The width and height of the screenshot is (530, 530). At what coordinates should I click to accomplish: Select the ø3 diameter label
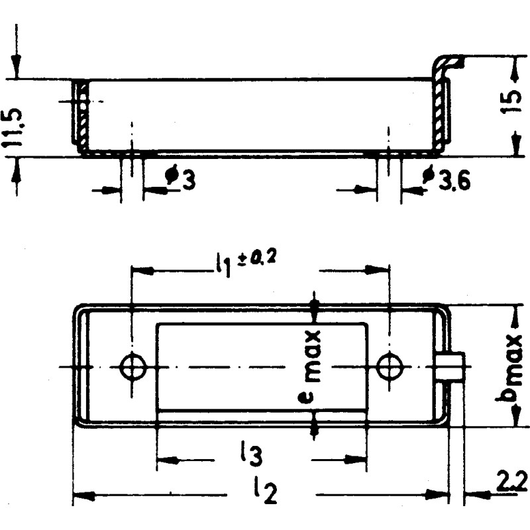point(180,180)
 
